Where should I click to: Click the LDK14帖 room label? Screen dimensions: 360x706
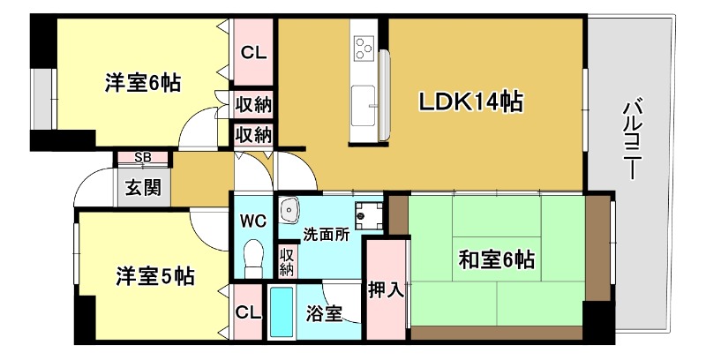tap(470, 102)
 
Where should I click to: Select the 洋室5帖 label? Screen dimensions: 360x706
tap(155, 276)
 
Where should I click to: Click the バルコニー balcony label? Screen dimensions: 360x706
tap(632, 141)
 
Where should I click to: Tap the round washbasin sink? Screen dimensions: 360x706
tap(289, 212)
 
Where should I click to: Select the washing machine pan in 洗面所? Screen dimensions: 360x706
tap(365, 214)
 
